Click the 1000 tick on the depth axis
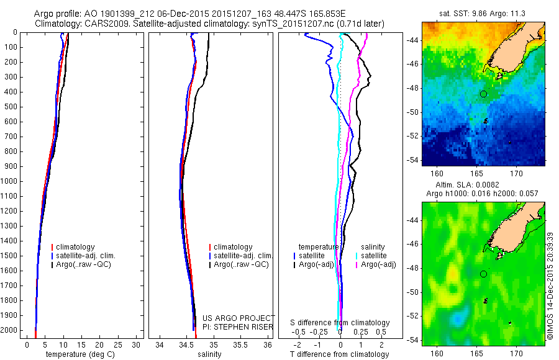(9, 181)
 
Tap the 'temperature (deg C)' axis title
(78, 354)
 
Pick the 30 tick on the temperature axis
(136, 344)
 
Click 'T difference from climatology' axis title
(339, 354)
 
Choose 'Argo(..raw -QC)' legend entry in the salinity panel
(240, 264)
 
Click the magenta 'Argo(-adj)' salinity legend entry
(378, 264)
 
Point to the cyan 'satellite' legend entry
(374, 256)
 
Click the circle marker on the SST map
(483, 94)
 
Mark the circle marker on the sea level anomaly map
(483, 274)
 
